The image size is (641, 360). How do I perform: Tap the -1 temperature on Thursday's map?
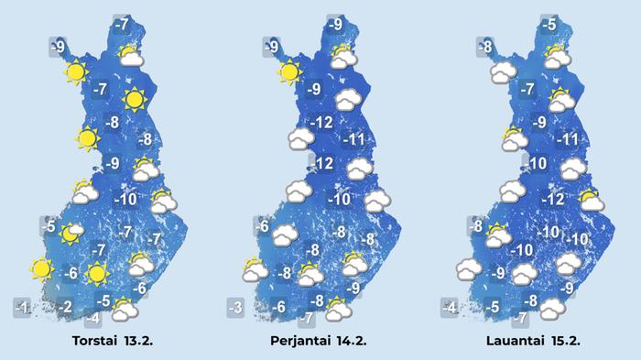pos(25,306)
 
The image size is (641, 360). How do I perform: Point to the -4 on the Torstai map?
pos(92,319)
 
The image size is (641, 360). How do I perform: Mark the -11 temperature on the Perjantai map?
pos(354,140)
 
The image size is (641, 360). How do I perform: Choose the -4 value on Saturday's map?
pos(450,307)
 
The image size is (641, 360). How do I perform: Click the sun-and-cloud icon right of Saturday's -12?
pos(592,200)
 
